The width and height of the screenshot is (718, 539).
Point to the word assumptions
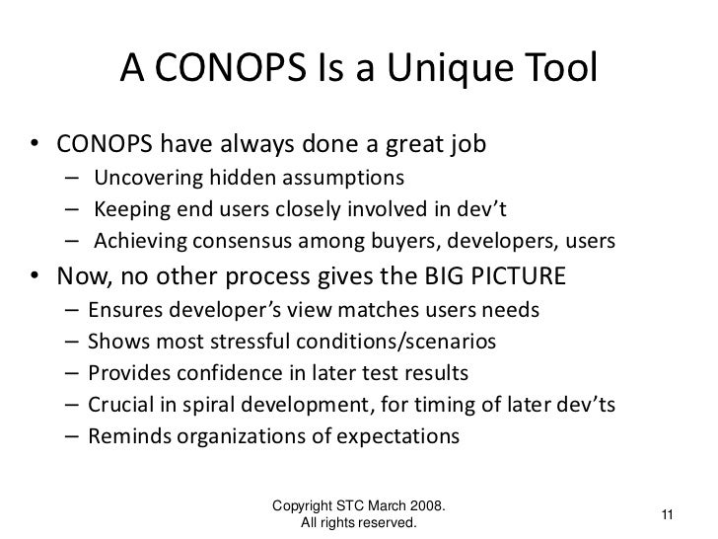(346, 178)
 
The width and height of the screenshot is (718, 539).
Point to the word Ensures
(122, 310)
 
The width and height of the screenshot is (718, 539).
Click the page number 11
(667, 514)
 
